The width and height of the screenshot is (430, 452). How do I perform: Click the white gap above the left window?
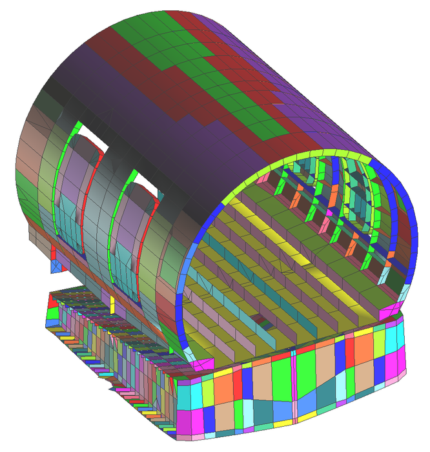point(89,138)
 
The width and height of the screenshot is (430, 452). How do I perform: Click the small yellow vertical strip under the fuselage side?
point(112,303)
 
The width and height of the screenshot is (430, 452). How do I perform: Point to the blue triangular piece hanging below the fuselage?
point(59,265)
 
